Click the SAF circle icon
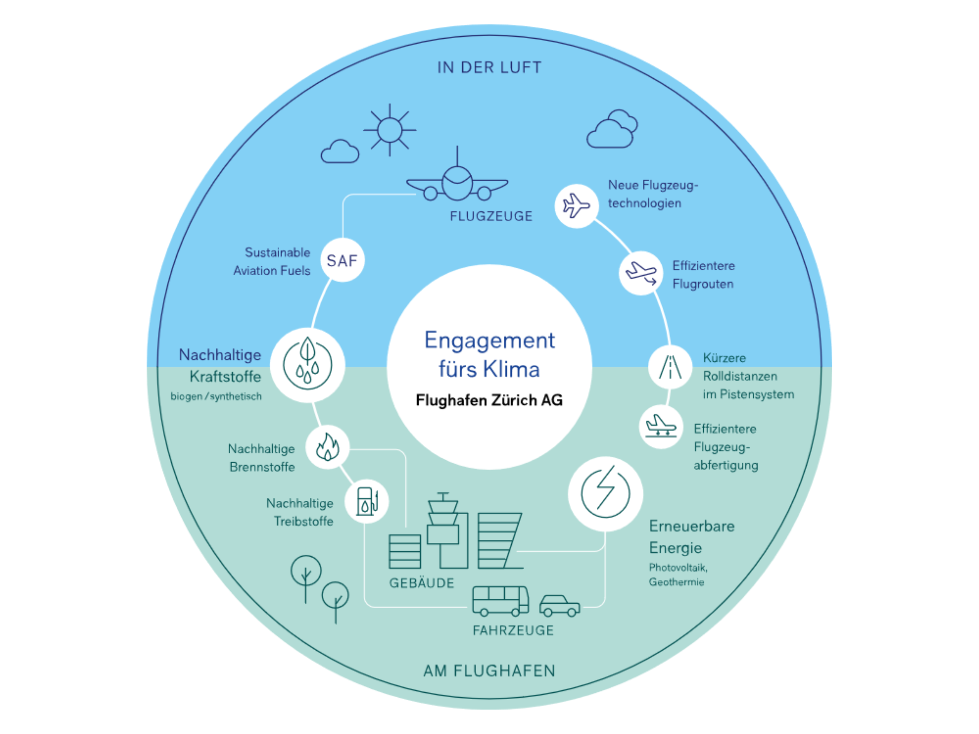coord(342,260)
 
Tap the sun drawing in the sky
coord(389,130)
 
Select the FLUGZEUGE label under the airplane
coord(491,216)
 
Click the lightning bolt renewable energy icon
coord(605,493)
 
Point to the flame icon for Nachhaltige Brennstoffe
coord(327,447)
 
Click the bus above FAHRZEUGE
coord(500,601)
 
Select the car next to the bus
coord(559,606)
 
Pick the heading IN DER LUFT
coord(489,68)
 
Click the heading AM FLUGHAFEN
coord(489,671)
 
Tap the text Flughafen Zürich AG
coord(489,400)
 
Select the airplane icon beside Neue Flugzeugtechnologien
coord(576,206)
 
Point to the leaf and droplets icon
coord(307,365)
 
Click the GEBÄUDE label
coord(421,583)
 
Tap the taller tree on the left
coord(306,575)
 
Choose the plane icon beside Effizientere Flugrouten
coord(641,273)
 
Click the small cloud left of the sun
coord(340,152)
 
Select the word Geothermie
coord(676,582)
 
